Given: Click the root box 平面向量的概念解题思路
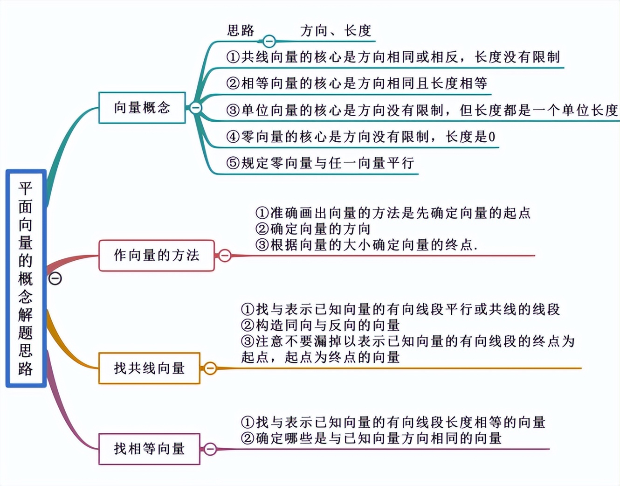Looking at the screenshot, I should click(26, 278).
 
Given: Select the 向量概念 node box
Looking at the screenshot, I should click(142, 108).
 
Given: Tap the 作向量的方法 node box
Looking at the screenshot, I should click(157, 256).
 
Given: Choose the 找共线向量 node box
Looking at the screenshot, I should click(149, 368).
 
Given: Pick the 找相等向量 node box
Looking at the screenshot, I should click(149, 449).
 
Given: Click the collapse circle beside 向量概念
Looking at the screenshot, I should click(196, 108).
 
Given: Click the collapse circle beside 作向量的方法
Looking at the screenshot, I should click(225, 256).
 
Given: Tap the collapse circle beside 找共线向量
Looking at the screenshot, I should click(210, 368).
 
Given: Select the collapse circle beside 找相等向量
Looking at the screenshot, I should click(210, 449).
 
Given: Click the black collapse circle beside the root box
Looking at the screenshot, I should click(55, 278).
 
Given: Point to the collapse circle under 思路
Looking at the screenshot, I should click(269, 41).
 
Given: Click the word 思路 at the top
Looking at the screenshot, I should click(241, 31).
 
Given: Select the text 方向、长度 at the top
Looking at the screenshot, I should click(336, 31).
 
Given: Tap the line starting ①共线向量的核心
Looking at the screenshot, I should click(393, 57).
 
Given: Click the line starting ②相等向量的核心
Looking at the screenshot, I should click(357, 83).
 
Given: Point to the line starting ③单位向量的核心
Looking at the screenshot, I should click(422, 111).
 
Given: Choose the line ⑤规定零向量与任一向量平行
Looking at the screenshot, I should click(320, 163).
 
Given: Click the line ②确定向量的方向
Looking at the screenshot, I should click(313, 229).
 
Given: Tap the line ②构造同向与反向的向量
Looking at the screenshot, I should click(320, 325).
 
